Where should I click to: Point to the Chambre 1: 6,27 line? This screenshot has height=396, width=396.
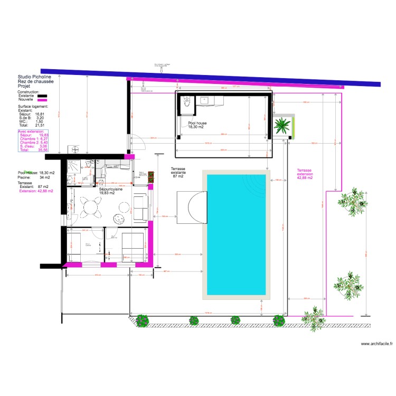33,139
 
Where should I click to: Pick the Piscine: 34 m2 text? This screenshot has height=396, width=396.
32,177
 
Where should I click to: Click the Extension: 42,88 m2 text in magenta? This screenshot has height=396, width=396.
36,191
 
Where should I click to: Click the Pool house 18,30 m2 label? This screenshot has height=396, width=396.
197,125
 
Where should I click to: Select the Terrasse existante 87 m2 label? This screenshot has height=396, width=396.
178,172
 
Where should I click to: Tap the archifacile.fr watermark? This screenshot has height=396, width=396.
376,344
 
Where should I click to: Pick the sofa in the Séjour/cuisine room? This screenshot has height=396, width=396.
141,208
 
